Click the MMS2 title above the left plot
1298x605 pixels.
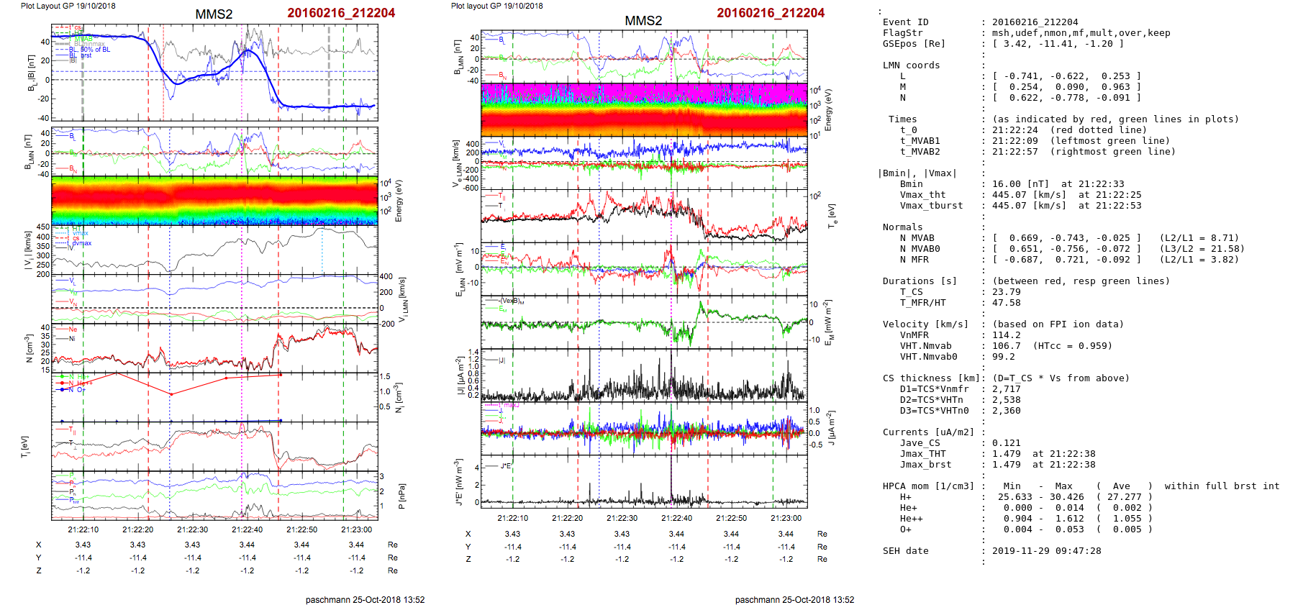pos(214,14)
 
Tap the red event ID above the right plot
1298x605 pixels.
pos(770,13)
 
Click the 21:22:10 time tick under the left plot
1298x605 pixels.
pos(83,529)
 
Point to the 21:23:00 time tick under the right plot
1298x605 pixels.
pos(786,518)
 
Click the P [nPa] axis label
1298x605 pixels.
pos(401,496)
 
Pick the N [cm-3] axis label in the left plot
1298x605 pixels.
pos(29,348)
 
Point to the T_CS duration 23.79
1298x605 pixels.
pos(1006,292)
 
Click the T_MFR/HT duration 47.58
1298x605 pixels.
pos(1006,303)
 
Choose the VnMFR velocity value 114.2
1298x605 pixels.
pos(1006,335)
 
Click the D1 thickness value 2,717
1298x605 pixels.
pos(1006,389)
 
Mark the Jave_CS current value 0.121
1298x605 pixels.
pos(1006,443)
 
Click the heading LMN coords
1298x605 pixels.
pos(911,65)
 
